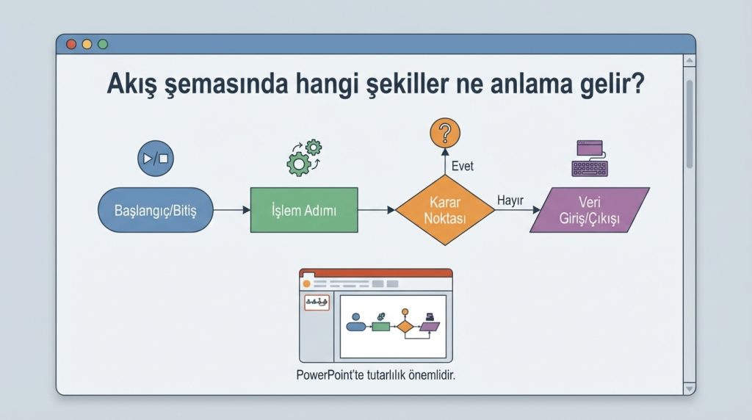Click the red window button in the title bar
[x=71, y=44]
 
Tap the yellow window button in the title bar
[x=87, y=44]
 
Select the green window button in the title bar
[x=102, y=44]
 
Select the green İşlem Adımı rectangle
[x=304, y=211]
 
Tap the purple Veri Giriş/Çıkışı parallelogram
[x=590, y=210]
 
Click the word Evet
[x=462, y=167]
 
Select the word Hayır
[x=509, y=200]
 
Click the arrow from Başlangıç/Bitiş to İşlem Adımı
[x=231, y=211]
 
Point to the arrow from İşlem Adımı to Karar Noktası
[x=377, y=211]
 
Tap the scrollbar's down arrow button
[x=689, y=387]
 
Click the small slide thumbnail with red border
[x=317, y=302]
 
